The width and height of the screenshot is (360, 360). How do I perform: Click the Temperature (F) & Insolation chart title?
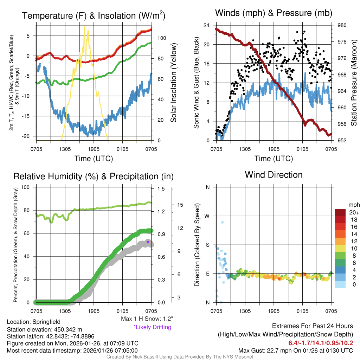(x=94, y=16)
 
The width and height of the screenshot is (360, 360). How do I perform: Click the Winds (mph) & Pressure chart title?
(x=274, y=13)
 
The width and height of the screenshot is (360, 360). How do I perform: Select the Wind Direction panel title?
(x=274, y=175)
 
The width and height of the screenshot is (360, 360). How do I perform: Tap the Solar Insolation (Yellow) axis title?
(x=173, y=83)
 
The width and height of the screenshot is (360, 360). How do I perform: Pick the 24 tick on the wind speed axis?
(x=206, y=25)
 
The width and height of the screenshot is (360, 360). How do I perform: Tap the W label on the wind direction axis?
(x=207, y=216)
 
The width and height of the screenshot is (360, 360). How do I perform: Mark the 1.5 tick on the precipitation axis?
(x=161, y=189)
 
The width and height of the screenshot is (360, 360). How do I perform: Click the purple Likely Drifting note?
(x=152, y=327)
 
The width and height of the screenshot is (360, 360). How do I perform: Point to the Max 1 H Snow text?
(x=147, y=319)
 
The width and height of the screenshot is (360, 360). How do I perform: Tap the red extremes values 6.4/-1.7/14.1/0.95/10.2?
(x=321, y=343)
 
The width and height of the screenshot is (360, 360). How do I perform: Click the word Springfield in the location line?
(x=46, y=322)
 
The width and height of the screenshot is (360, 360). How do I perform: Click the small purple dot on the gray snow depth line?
(x=148, y=242)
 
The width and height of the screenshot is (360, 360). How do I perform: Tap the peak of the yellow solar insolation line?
(x=84, y=26)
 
